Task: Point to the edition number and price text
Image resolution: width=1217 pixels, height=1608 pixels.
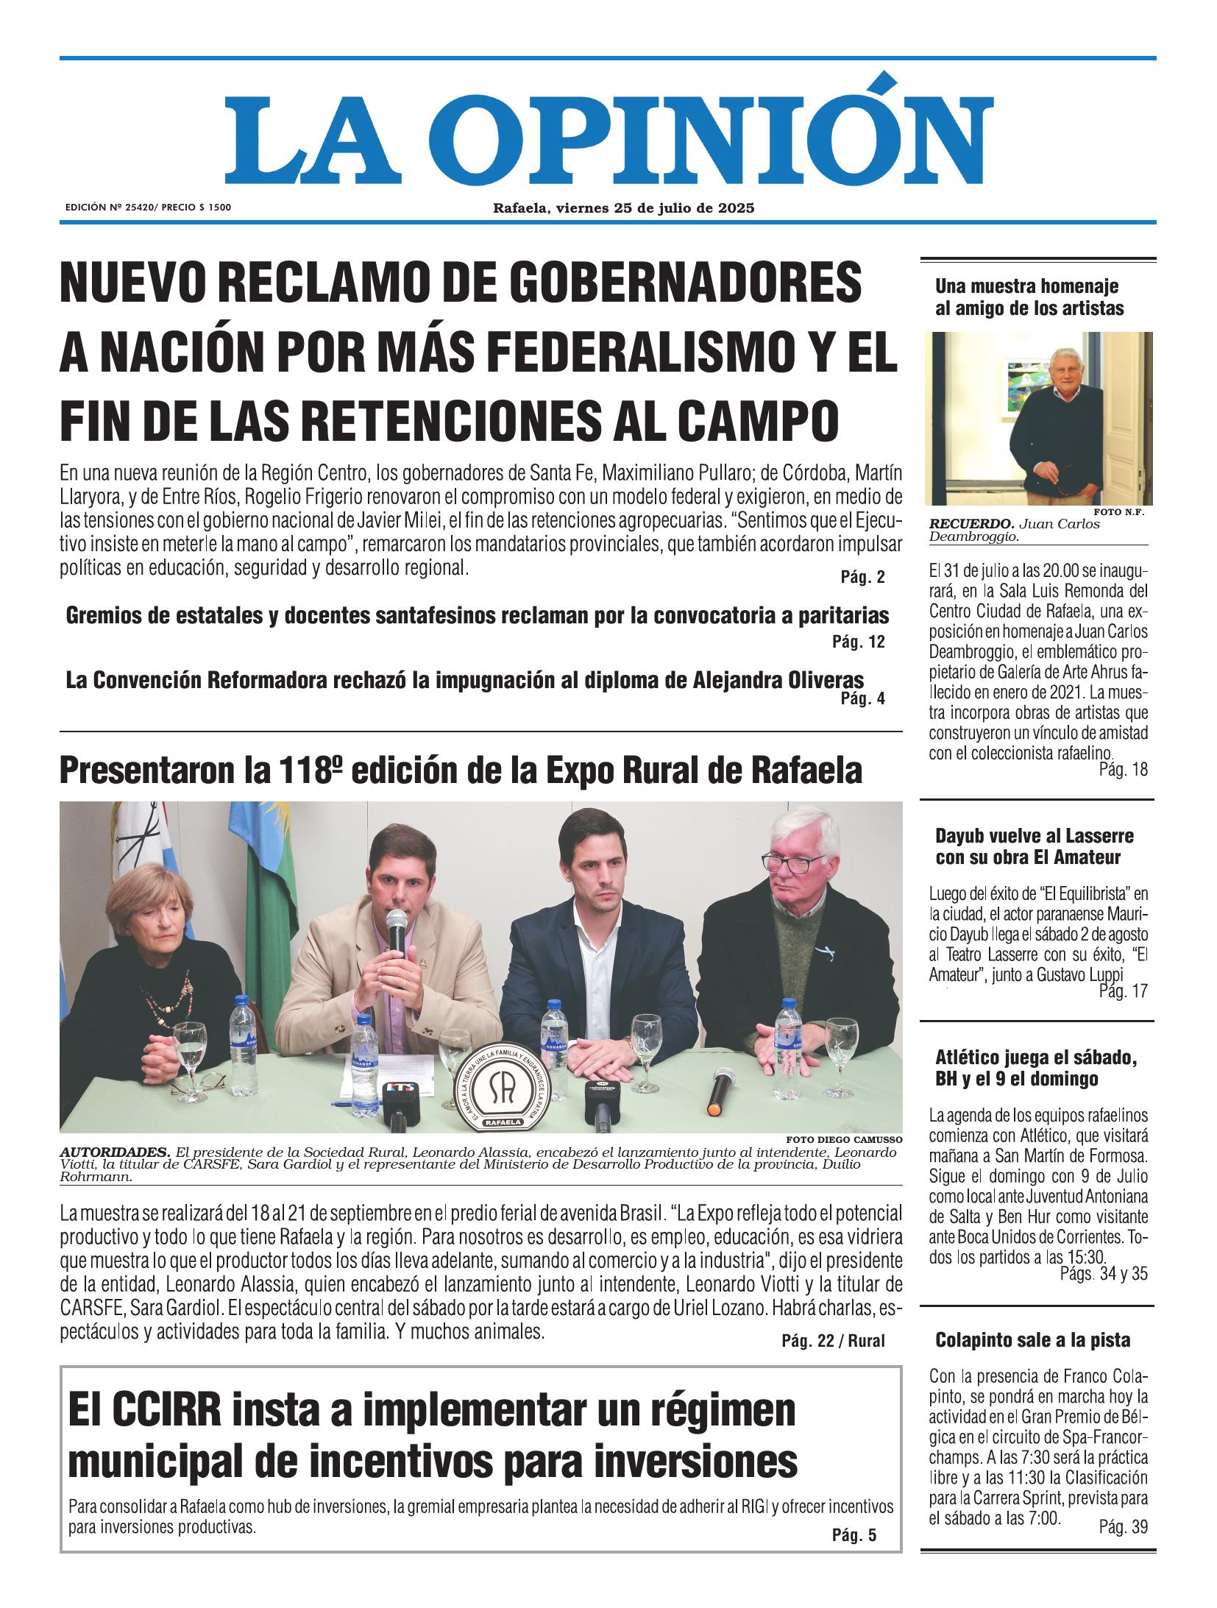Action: (x=148, y=208)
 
